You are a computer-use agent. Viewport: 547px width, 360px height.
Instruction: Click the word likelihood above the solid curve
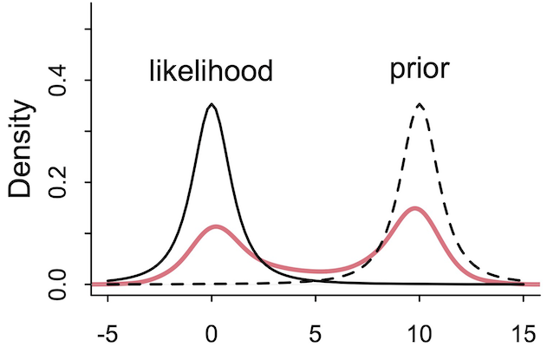pyautogui.click(x=211, y=70)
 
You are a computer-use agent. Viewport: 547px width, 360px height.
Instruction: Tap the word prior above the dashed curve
pyautogui.click(x=419, y=69)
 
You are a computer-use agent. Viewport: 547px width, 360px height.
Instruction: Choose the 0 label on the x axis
pyautogui.click(x=212, y=334)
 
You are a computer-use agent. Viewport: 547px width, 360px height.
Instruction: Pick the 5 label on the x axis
pyautogui.click(x=316, y=334)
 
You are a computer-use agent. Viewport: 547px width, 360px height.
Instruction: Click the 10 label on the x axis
pyautogui.click(x=420, y=334)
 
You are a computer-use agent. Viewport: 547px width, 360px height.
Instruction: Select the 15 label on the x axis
pyautogui.click(x=524, y=334)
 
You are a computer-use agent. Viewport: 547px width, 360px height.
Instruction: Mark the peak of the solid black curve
pyautogui.click(x=212, y=105)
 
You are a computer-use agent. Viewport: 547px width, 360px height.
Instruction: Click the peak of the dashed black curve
pyautogui.click(x=420, y=104)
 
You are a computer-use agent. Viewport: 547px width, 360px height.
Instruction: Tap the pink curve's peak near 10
pyautogui.click(x=416, y=208)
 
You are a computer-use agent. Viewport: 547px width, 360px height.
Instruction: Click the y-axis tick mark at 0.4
pyautogui.click(x=86, y=81)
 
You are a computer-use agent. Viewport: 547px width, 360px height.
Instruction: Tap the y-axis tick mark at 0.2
pyautogui.click(x=86, y=182)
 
